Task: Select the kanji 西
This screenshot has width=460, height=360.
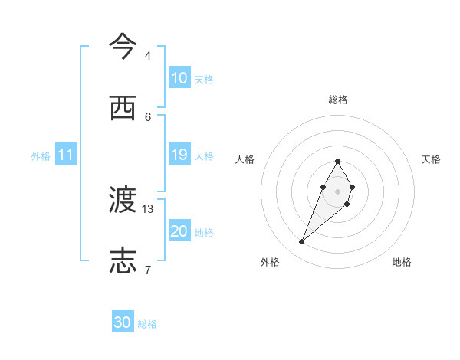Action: click(123, 109)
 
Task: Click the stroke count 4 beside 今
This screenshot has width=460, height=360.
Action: click(147, 56)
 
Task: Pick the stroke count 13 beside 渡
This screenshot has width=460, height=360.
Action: click(149, 208)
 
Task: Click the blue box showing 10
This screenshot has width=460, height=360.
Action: click(179, 78)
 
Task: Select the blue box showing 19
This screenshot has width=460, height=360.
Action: click(179, 155)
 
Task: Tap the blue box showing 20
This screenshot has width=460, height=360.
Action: click(179, 231)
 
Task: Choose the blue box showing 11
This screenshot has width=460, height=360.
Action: click(66, 155)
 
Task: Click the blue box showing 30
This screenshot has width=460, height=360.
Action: click(123, 322)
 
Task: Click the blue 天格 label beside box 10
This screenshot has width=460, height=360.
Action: click(204, 79)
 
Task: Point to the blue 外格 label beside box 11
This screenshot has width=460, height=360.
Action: click(41, 155)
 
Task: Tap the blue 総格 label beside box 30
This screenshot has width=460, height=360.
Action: click(147, 324)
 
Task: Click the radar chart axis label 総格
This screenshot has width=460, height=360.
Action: click(338, 100)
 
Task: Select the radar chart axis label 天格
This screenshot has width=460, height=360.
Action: click(431, 159)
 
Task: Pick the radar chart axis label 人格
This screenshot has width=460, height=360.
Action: click(245, 159)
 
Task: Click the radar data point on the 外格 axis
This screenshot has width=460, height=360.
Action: click(302, 241)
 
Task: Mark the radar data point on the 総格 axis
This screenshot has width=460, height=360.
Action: click(338, 162)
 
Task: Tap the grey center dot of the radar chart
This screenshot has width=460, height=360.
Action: click(338, 191)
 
